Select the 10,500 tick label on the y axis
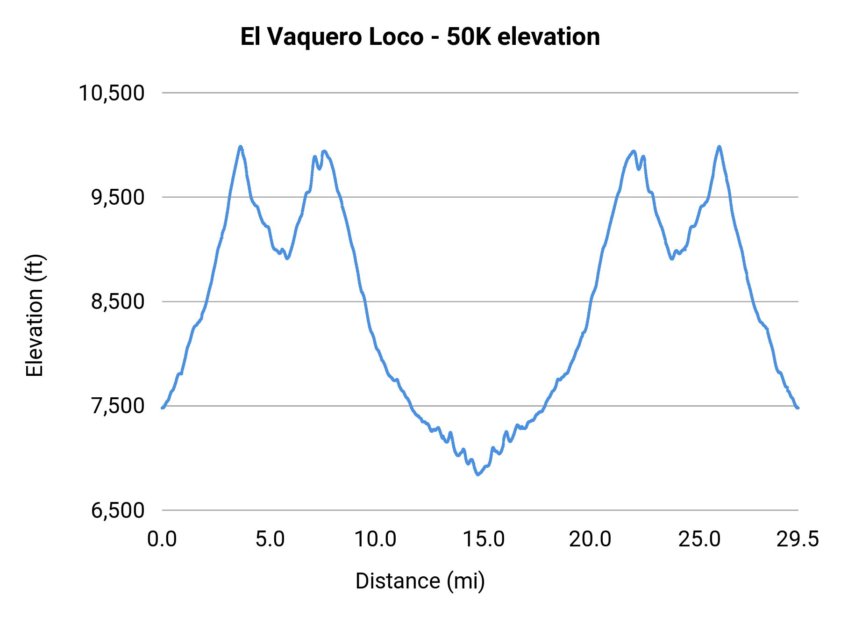(111, 93)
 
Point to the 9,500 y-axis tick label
(117, 197)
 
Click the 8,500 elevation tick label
(117, 301)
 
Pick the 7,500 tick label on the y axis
(117, 406)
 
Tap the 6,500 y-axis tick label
(117, 510)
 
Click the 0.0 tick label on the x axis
(162, 539)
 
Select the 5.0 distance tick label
(270, 539)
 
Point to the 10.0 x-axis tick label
(375, 539)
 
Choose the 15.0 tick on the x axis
(484, 539)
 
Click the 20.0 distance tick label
(590, 539)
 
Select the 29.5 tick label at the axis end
(798, 539)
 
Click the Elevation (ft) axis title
(35, 315)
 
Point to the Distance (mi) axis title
(420, 581)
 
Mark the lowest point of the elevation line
(478, 474)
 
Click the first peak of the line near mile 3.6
(241, 147)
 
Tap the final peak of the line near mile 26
(719, 147)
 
